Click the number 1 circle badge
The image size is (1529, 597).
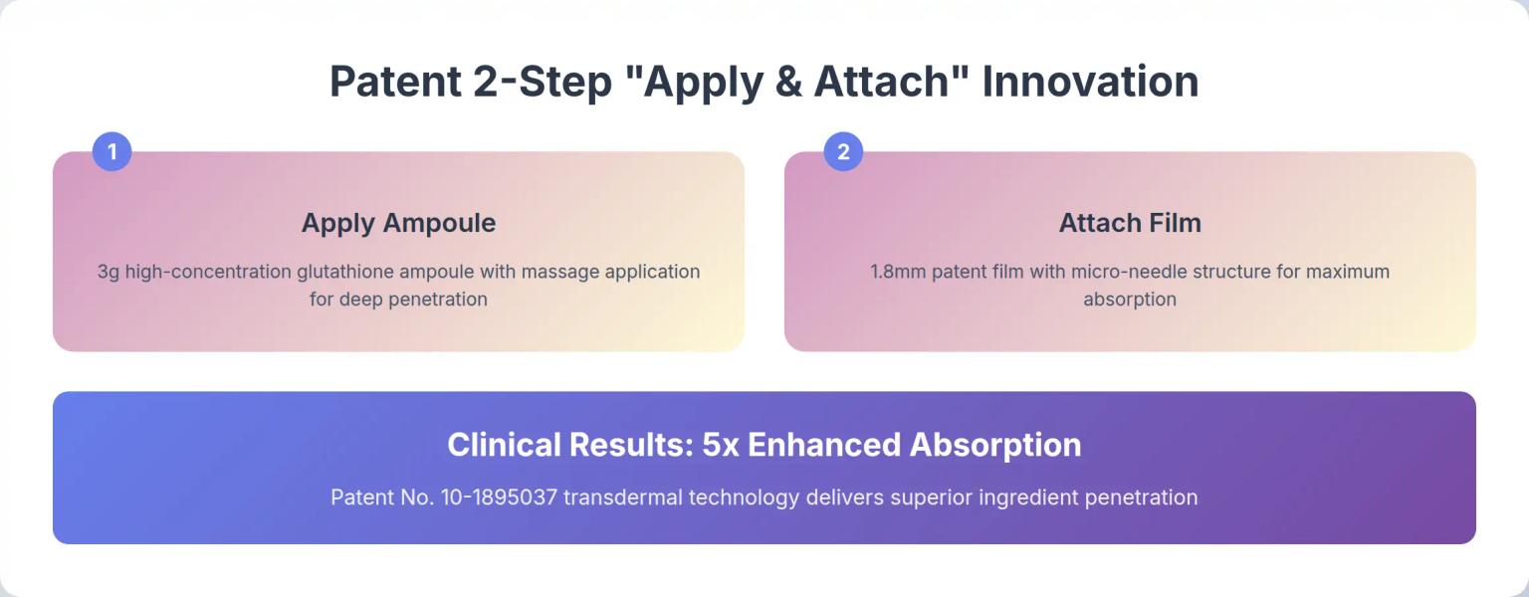coord(111,152)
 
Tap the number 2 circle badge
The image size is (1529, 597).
coord(843,152)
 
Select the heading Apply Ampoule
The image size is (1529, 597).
coord(398,223)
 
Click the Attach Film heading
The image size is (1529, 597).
coord(1130,223)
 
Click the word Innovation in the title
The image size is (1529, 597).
coord(1090,82)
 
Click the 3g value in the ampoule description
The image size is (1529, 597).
coord(109,272)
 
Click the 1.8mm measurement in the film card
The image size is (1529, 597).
coord(898,272)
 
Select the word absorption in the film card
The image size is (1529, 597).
coord(1130,299)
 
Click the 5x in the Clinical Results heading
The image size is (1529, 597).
coord(722,445)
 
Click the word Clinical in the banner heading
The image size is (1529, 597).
coord(505,445)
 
